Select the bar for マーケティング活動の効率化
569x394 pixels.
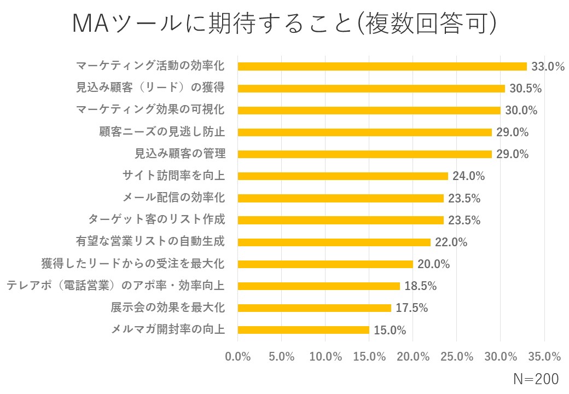point(382,66)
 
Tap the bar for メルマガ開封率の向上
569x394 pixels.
point(304,329)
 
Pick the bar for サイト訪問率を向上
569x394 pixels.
point(343,176)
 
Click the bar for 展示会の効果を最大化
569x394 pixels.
point(315,308)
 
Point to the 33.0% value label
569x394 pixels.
point(548,67)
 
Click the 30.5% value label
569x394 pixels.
point(525,89)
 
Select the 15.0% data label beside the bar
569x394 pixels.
point(390,330)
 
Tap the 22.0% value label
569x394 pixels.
point(451,242)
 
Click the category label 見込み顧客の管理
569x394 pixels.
point(179,154)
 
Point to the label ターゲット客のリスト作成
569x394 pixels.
point(156,220)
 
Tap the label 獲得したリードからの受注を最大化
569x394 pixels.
point(133,264)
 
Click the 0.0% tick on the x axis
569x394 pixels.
point(238,357)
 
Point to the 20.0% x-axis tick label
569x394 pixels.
point(413,357)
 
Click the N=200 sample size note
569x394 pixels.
point(536,379)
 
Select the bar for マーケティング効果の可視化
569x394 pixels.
point(369,110)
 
